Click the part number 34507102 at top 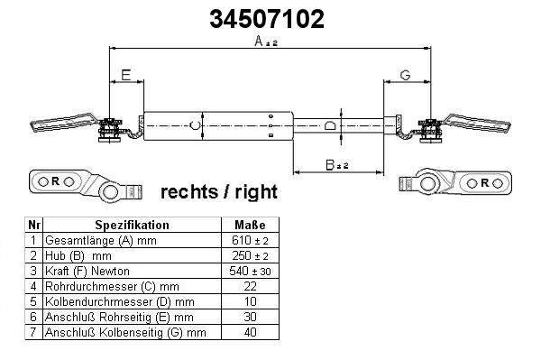point(267,19)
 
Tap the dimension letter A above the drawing point(259,41)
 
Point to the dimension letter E point(126,75)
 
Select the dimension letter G point(405,75)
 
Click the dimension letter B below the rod point(330,164)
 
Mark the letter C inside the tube point(195,125)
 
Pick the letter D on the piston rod point(330,125)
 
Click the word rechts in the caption point(189,192)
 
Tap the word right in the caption point(256,192)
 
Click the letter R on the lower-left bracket point(55,180)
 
